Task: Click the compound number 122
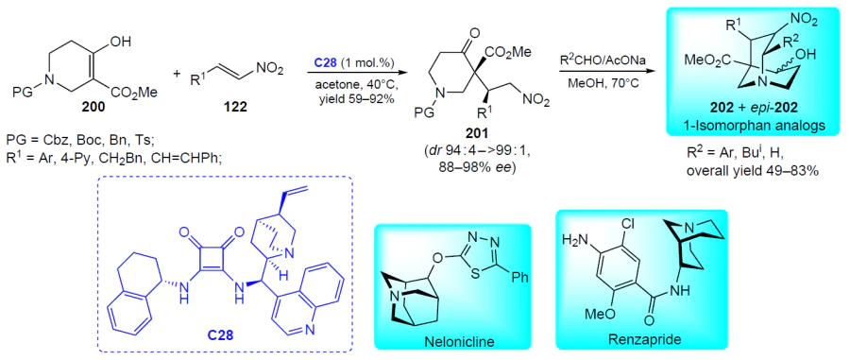click(235, 108)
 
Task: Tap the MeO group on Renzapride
click(598, 314)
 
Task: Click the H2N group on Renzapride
click(577, 238)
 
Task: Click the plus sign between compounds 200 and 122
click(177, 74)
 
